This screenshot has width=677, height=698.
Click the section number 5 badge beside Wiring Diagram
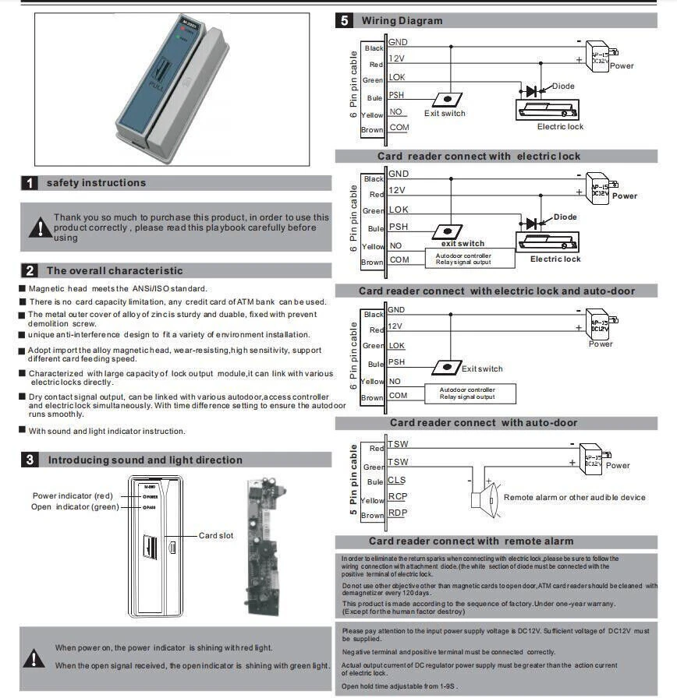pyautogui.click(x=344, y=21)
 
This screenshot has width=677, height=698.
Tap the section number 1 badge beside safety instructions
pyautogui.click(x=29, y=183)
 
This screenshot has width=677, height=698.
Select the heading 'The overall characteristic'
pyautogui.click(x=115, y=271)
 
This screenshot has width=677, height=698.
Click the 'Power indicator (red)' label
pyautogui.click(x=73, y=496)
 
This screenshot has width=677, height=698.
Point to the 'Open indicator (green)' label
pyautogui.click(x=75, y=507)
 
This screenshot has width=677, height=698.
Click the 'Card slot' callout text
pyautogui.click(x=216, y=536)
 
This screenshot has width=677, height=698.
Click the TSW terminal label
pyautogui.click(x=398, y=444)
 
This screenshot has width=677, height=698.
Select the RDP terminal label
pyautogui.click(x=397, y=513)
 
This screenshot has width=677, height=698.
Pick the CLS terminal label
pyautogui.click(x=396, y=480)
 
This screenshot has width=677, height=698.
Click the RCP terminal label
pyautogui.click(x=397, y=496)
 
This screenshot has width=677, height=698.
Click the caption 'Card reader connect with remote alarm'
pyautogui.click(x=471, y=541)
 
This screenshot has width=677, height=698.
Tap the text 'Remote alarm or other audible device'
pyautogui.click(x=575, y=498)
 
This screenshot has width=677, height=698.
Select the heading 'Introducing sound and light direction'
pyautogui.click(x=145, y=460)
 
